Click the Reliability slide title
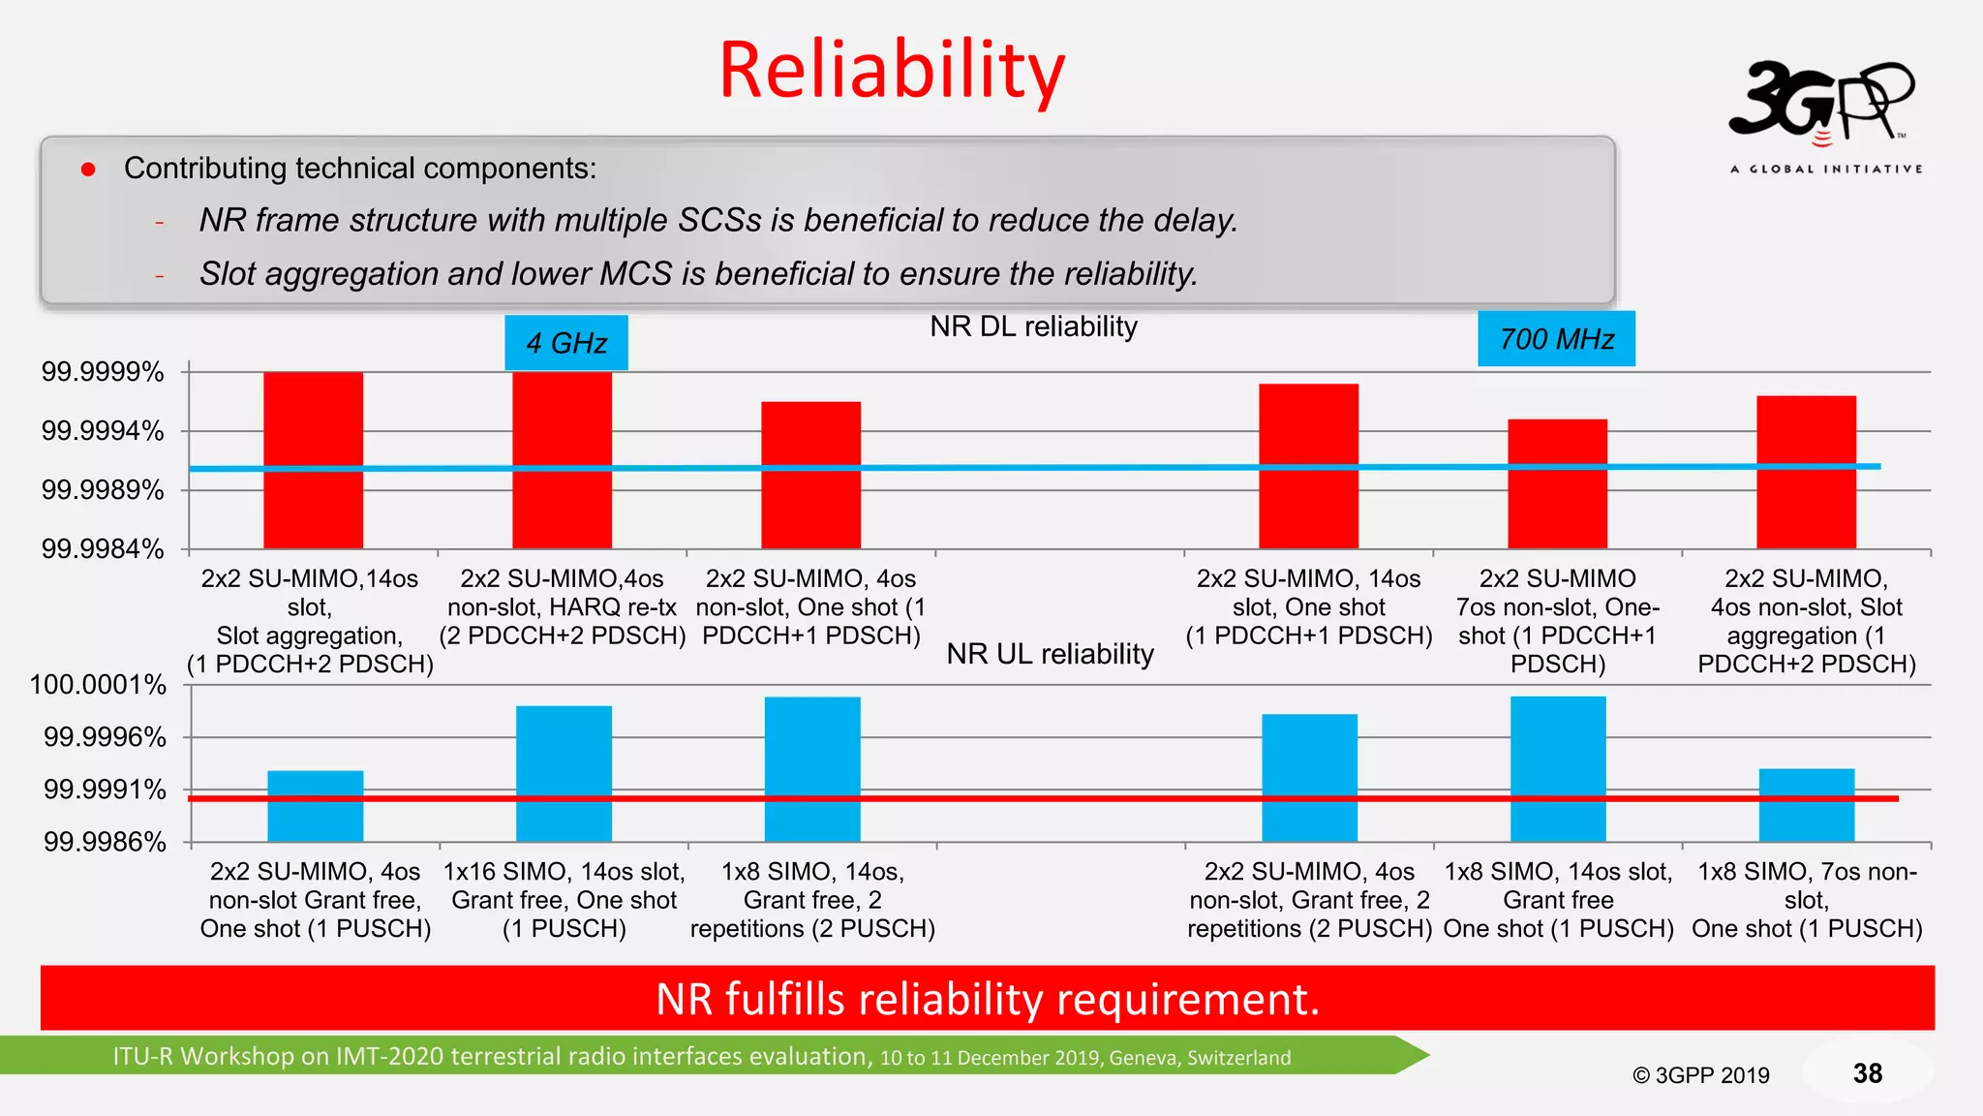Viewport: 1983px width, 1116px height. [891, 70]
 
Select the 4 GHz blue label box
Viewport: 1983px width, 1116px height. [566, 343]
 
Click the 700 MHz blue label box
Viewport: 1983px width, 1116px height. [1556, 339]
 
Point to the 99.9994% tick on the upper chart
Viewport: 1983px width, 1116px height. [103, 431]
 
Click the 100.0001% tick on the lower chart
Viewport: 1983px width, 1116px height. [98, 685]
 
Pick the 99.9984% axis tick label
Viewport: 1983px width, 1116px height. [103, 549]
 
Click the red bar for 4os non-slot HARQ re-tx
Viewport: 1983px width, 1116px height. [562, 459]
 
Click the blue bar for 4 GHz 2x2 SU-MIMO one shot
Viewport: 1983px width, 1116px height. [315, 805]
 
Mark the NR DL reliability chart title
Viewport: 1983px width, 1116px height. [1033, 326]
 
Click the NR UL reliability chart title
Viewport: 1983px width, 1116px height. [1050, 654]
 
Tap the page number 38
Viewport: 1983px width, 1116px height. [1867, 1073]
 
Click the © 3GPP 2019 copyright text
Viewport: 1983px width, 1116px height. [1700, 1075]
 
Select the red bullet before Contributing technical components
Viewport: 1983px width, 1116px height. [88, 170]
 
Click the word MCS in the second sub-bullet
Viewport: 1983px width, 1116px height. [635, 274]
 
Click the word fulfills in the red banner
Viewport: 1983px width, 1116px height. [784, 999]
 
